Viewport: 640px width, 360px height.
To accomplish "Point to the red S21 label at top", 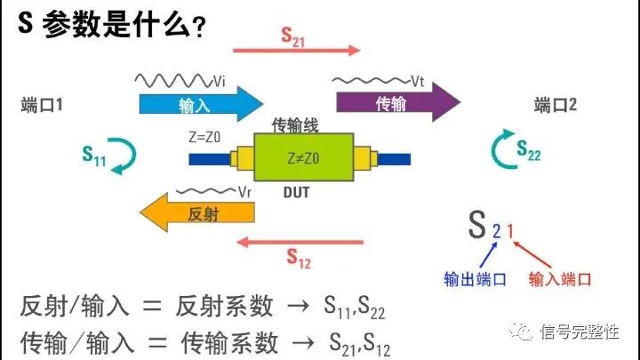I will tap(293, 36).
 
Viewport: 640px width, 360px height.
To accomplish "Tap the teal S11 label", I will tap(94, 157).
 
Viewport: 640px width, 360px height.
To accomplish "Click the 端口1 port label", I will tap(42, 106).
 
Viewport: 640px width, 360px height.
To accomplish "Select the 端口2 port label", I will tap(556, 106).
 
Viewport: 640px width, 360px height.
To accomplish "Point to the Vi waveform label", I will tap(219, 80).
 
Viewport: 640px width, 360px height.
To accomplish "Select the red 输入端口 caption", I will tap(559, 279).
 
